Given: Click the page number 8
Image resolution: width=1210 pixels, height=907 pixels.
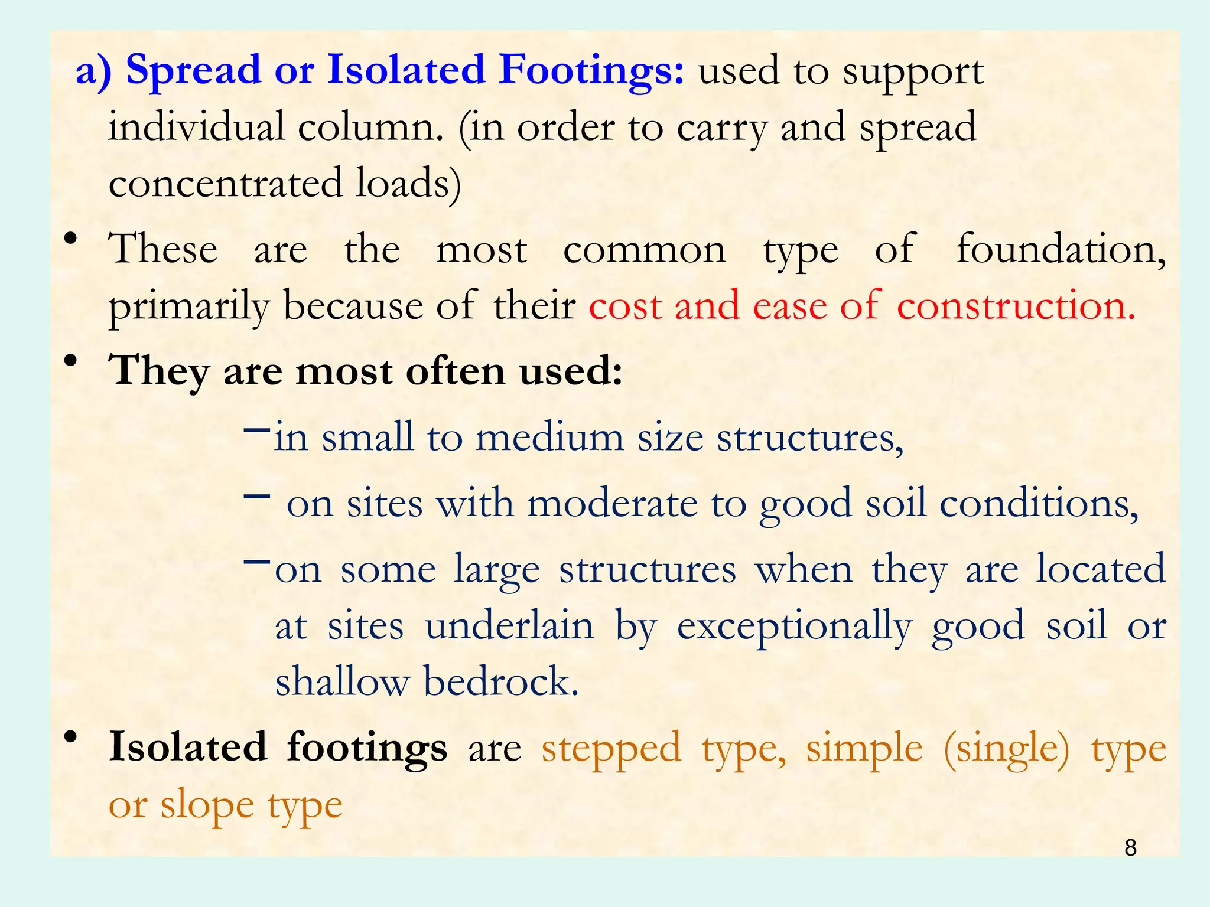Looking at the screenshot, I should (1130, 847).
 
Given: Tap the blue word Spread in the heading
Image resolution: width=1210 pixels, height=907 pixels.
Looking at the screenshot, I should (193, 71).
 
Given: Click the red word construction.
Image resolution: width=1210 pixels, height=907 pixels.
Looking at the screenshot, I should (1016, 306).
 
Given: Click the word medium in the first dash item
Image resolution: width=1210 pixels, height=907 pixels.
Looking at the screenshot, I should (549, 438).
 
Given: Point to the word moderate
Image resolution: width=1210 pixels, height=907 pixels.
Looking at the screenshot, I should (612, 504).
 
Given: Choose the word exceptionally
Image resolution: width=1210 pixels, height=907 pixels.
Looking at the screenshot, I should (795, 627).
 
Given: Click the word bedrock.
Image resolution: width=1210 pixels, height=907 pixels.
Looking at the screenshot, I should (501, 682).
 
